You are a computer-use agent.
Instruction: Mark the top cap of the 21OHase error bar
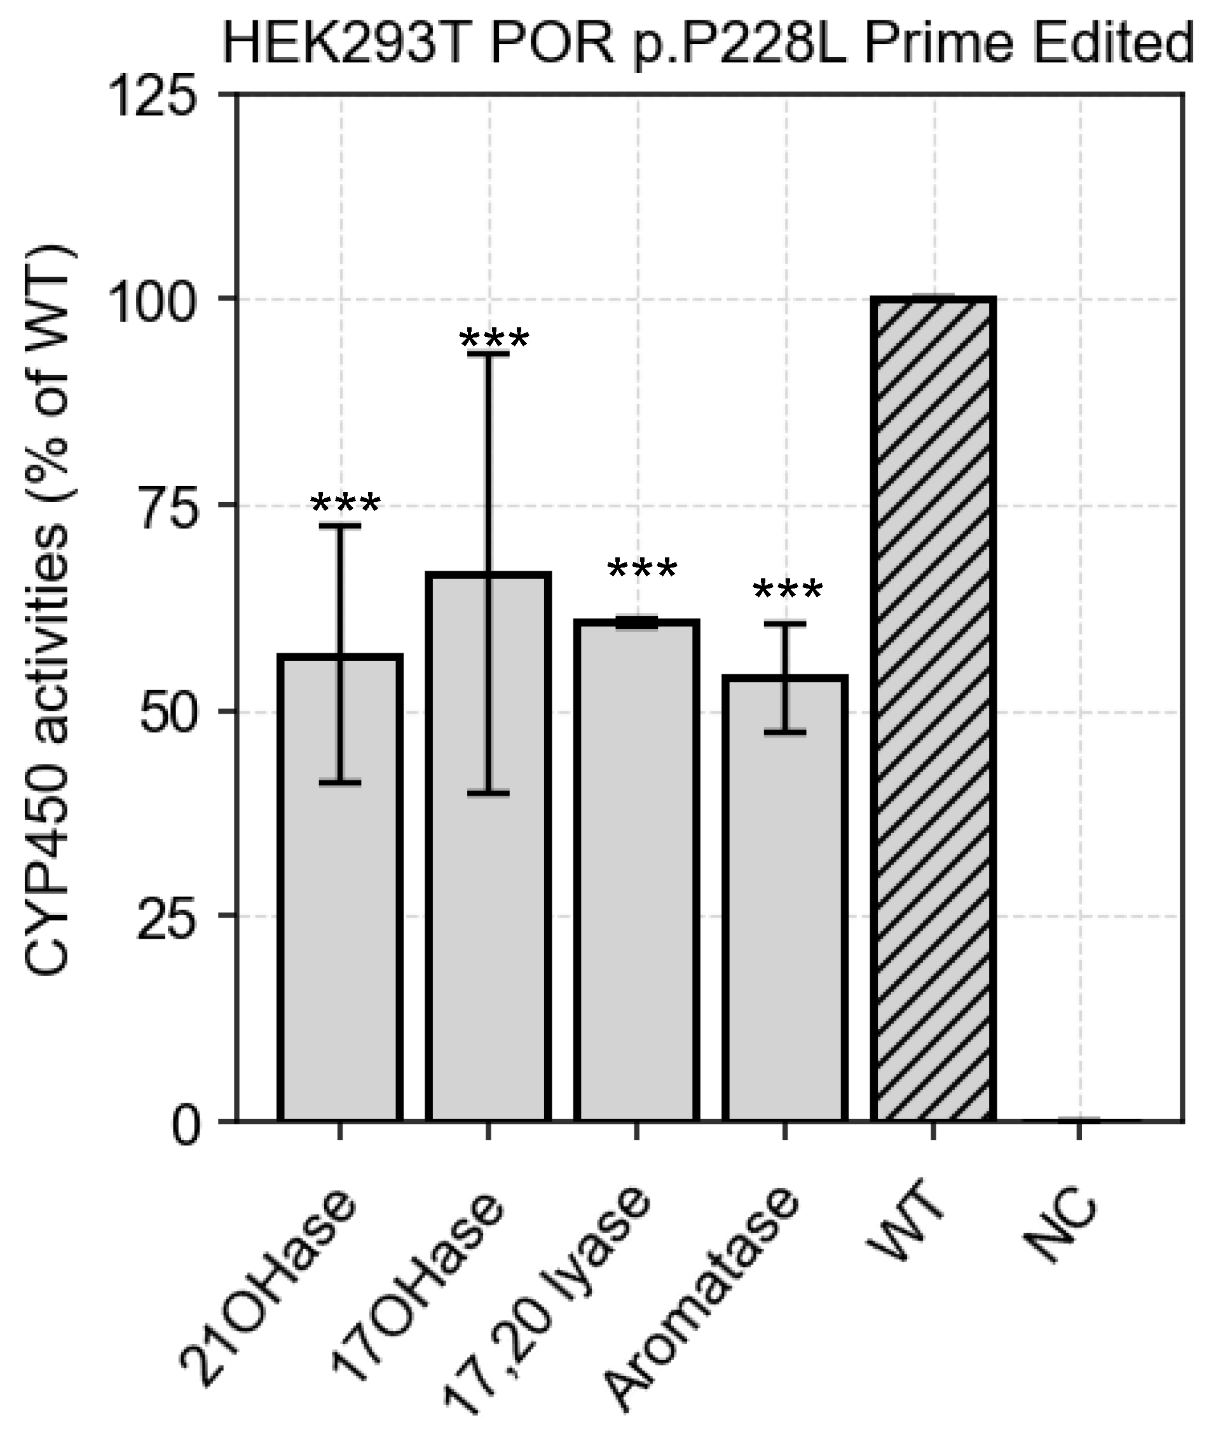pos(339,527)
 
